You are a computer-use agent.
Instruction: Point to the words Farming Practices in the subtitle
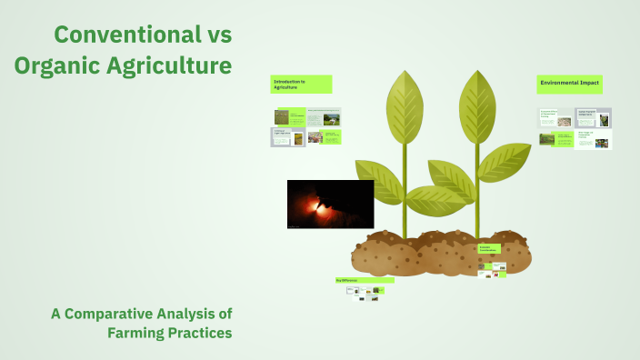click(x=170, y=333)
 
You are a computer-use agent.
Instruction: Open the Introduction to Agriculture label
click(x=301, y=84)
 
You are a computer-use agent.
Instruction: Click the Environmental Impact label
click(x=574, y=84)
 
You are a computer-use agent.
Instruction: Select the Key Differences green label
click(x=364, y=280)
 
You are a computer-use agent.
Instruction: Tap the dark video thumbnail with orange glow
click(x=330, y=204)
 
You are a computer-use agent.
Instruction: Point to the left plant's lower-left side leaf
click(x=378, y=180)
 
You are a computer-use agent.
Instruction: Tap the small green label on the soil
click(x=489, y=249)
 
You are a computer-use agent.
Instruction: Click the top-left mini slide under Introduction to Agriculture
click(x=288, y=116)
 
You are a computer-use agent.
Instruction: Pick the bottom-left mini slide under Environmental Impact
click(x=555, y=139)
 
